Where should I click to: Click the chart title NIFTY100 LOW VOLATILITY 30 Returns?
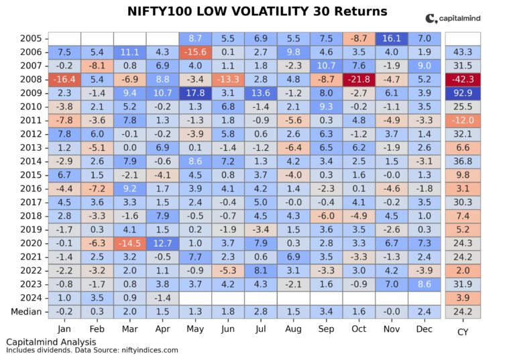tap(257, 11)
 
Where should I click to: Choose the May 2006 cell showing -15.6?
tap(195, 52)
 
